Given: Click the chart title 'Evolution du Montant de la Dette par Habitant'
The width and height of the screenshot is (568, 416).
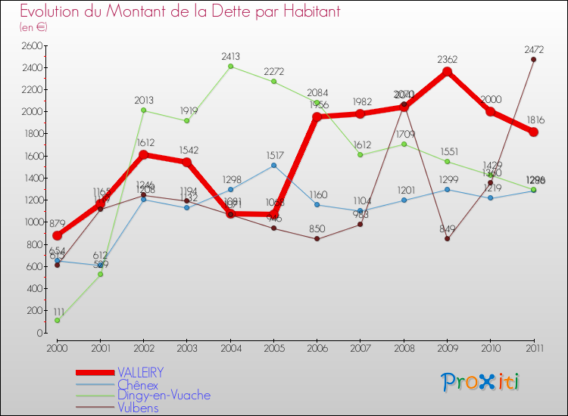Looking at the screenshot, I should tap(179, 12).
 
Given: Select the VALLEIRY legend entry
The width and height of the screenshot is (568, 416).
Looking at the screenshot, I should tap(140, 373).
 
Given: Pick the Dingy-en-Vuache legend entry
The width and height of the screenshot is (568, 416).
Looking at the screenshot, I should tap(164, 396).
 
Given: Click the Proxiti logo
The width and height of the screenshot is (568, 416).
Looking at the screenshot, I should tap(481, 382).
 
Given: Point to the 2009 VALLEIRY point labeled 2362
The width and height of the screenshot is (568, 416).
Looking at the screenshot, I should tap(447, 72).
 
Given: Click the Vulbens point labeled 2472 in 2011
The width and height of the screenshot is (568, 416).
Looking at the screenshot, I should tap(533, 60).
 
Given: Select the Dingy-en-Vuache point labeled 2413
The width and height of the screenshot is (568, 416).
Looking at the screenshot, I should tap(231, 67).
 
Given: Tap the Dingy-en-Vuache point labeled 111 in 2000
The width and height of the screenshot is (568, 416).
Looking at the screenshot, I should tap(58, 321).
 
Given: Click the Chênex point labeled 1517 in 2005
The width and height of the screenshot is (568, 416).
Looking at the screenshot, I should tap(274, 165).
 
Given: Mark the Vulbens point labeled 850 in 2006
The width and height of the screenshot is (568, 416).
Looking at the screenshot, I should tap(317, 239).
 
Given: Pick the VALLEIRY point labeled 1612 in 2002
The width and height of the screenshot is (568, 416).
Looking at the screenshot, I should tap(145, 155).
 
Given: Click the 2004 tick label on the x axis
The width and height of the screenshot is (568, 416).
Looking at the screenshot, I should tap(230, 347).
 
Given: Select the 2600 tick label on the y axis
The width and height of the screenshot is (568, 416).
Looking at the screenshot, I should tap(31, 45).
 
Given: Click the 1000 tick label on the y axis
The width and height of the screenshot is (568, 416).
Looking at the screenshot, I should tap(31, 222).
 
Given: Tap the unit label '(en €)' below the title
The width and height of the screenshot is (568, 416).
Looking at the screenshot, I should tap(34, 27).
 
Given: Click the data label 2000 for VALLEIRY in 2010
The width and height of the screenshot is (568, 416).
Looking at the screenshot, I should tap(490, 100).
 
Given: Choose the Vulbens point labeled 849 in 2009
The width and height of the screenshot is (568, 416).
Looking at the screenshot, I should tap(447, 239).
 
